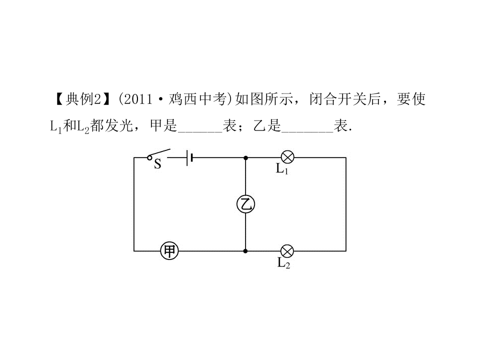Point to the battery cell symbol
[x=189, y=157]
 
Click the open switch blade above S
[x=160, y=153]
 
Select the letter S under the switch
[x=157, y=164]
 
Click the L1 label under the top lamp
[x=282, y=169]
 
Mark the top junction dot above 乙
[x=245, y=158]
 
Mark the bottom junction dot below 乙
[x=245, y=251]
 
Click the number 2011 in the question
[x=138, y=99]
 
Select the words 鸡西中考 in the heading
[x=197, y=99]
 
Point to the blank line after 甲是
[x=200, y=131]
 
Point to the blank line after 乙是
[x=307, y=131]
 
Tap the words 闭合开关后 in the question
[x=344, y=99]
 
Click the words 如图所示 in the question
[x=263, y=99]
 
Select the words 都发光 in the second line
[x=111, y=125]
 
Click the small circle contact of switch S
[x=149, y=158]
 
